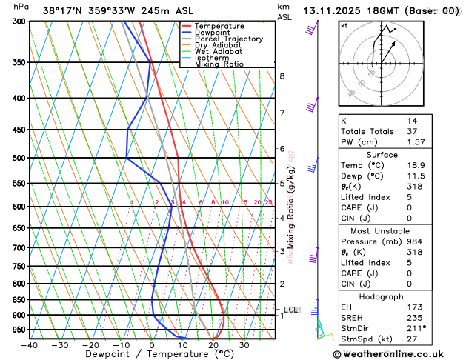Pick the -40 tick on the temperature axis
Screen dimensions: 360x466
30,344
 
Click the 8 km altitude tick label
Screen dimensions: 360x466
282,76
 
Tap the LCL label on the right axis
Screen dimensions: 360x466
290,310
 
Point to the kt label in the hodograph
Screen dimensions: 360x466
344,26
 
